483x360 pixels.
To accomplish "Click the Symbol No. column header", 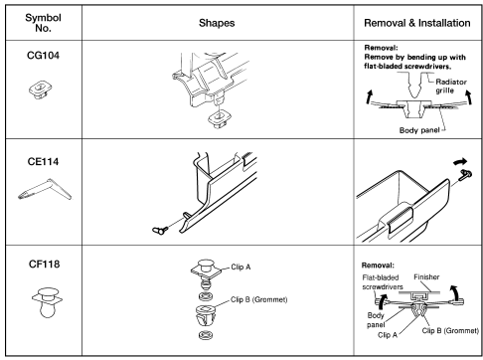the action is pos(43,23).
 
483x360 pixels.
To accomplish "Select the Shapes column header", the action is pos(217,23).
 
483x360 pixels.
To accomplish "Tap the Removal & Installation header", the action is pos(417,23).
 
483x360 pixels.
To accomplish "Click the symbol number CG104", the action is pos(43,55).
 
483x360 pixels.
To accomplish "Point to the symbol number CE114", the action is pos(43,161).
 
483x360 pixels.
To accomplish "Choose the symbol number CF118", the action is pos(44,264).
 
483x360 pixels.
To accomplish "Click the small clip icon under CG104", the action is pos(40,90).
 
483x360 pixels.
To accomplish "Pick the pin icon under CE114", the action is pos(45,190).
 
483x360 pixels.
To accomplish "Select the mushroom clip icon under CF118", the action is pos(47,302).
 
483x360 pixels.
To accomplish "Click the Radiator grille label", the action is pos(450,86).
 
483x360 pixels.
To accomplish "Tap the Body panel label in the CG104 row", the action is pos(419,130).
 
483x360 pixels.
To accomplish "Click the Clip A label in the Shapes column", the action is pos(241,267).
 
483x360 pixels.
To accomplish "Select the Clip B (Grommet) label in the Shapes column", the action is pos(258,299).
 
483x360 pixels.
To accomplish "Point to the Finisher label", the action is pos(426,276).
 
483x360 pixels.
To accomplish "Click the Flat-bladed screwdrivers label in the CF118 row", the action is pos(382,282).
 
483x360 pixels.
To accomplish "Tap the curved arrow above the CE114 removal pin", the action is pos(460,162).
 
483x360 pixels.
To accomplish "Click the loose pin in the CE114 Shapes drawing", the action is pos(160,230).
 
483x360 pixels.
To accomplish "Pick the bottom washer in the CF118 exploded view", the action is pos(206,335).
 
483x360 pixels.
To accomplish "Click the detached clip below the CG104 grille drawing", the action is pos(219,119).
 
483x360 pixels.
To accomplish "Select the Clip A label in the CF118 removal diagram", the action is pos(388,335).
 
